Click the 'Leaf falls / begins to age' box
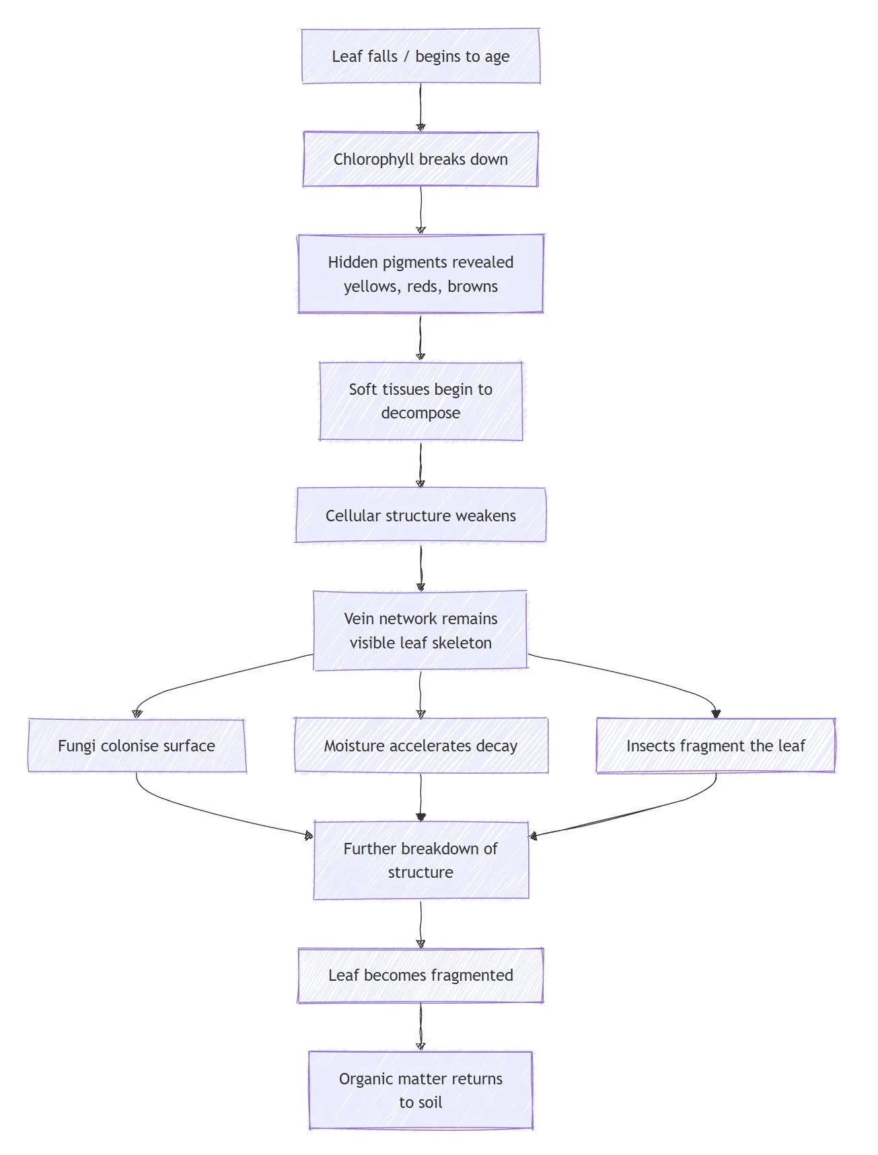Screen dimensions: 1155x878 point(420,57)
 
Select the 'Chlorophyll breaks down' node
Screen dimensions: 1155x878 point(420,159)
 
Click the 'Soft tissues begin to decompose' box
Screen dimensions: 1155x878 point(420,401)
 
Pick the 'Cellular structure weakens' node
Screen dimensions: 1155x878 point(420,516)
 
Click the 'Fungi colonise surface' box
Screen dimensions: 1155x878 point(137,746)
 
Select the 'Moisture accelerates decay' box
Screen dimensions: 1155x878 point(420,746)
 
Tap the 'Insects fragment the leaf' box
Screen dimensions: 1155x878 point(715,746)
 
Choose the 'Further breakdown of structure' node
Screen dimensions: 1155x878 point(420,860)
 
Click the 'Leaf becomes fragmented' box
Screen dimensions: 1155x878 point(420,975)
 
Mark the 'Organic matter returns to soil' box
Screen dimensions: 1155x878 point(420,1090)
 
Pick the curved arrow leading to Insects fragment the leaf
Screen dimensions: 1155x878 point(639,676)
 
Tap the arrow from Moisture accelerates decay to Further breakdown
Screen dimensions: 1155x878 point(420,797)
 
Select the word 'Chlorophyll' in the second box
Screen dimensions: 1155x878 point(373,159)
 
